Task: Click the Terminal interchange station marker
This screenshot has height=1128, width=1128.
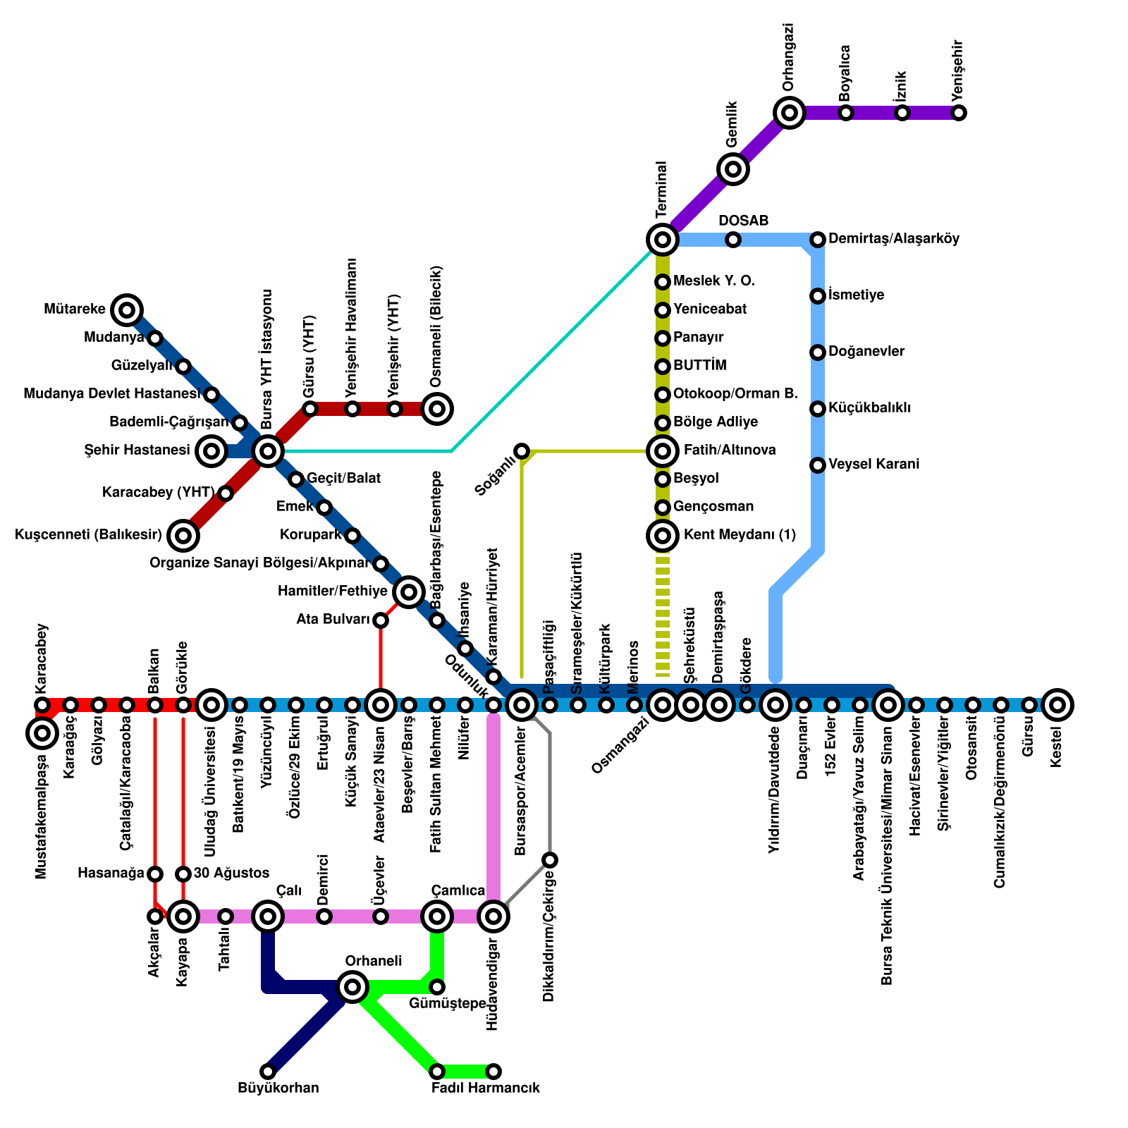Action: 662,240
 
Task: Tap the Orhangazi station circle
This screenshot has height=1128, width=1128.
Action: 790,113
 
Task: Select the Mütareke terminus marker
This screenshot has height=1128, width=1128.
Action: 127,309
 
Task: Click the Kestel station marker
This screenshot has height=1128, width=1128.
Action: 1057,704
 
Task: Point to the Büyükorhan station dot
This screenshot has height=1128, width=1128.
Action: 268,1072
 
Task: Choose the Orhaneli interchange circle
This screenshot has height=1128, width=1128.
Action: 352,987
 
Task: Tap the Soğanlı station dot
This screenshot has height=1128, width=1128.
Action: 522,450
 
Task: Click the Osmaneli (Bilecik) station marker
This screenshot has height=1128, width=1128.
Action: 437,408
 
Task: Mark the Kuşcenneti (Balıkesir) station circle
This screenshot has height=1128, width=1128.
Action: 183,536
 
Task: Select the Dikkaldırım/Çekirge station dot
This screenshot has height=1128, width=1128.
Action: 550,860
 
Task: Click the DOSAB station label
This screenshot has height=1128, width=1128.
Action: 743,221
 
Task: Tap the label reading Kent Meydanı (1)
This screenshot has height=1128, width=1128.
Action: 740,535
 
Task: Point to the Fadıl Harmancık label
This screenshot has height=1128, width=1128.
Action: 486,1088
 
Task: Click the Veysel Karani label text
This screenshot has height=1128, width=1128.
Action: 873,465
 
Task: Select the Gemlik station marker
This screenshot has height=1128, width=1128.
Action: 733,169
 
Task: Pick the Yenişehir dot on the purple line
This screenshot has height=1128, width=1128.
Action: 959,113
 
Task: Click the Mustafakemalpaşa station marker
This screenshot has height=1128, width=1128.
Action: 42,733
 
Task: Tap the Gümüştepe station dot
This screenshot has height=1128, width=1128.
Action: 437,987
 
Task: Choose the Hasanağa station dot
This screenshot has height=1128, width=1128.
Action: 155,874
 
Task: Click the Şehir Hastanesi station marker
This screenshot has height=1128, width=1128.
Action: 211,450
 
